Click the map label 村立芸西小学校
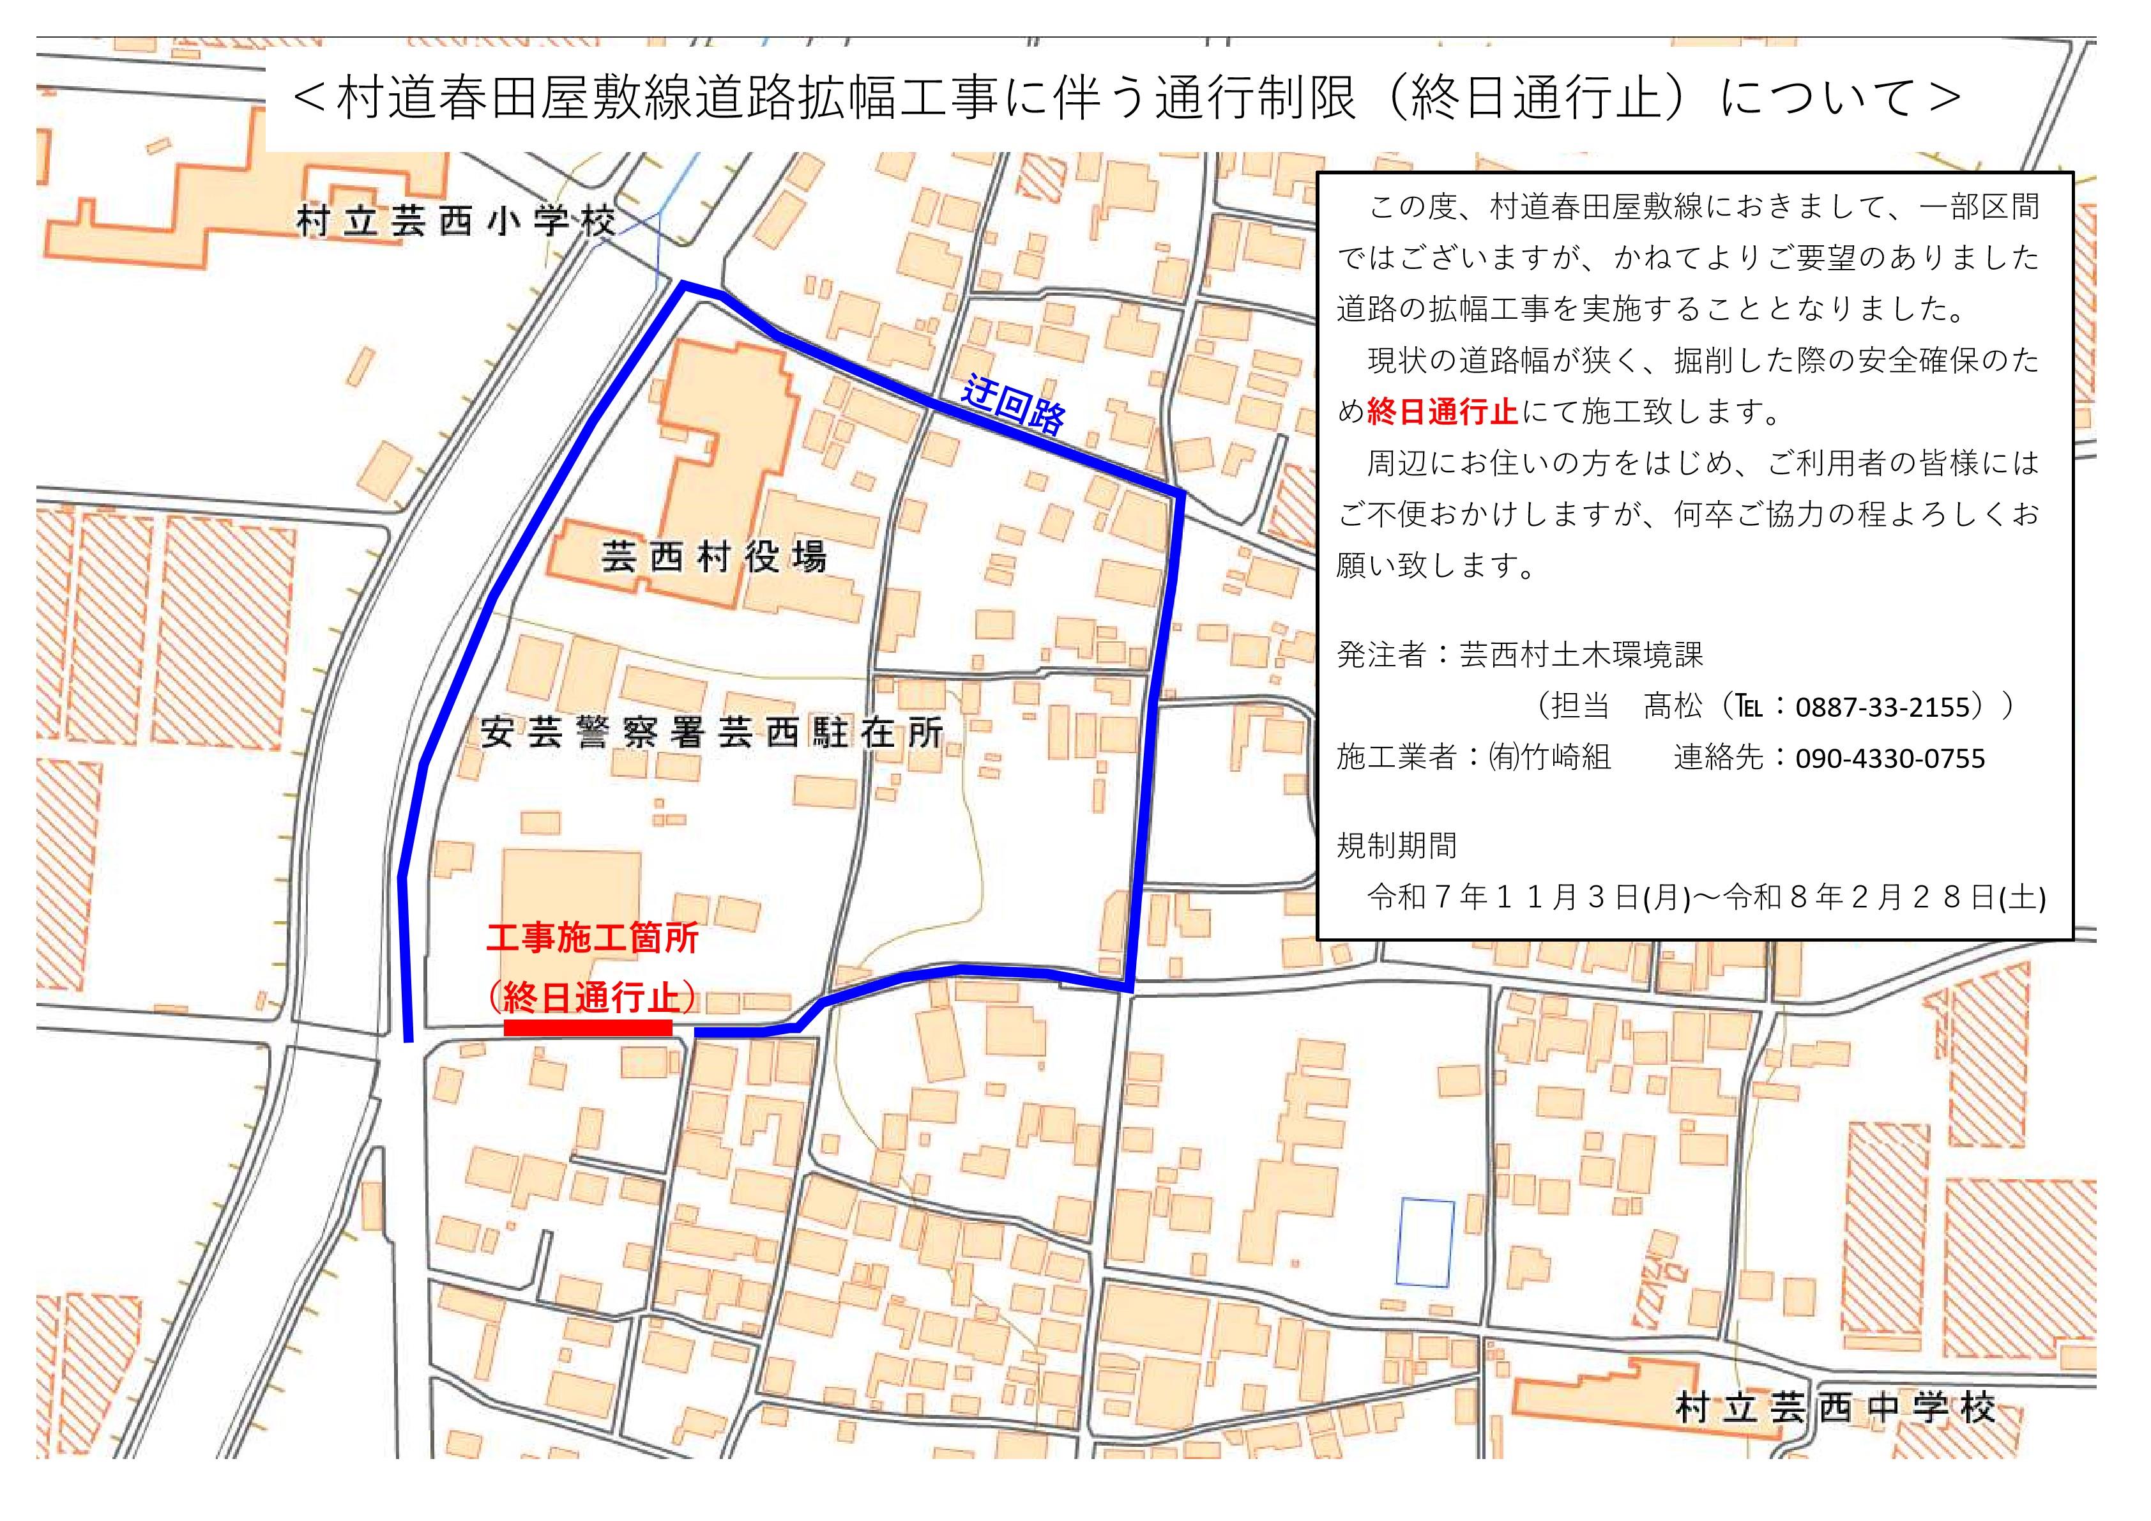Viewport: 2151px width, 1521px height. point(456,222)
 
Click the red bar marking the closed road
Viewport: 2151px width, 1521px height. point(588,1027)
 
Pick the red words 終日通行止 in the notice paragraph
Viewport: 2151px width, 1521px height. point(1442,411)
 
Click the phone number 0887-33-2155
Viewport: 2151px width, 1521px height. point(1889,707)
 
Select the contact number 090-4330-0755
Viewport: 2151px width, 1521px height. point(1890,758)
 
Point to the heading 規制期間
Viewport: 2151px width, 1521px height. point(1396,846)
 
